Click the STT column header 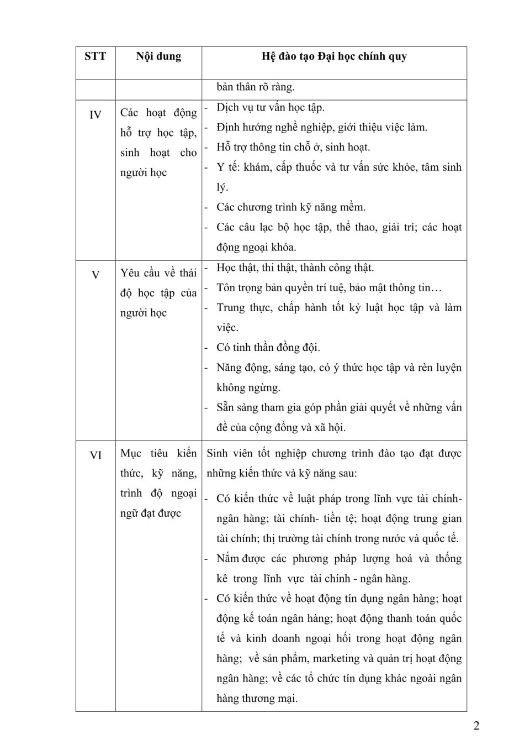tap(95, 56)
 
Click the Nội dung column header tap(158, 56)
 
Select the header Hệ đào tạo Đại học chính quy tap(334, 56)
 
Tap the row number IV tap(96, 115)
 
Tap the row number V tap(96, 275)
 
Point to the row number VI tap(96, 455)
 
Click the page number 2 tap(476, 726)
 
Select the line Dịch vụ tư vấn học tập tap(271, 107)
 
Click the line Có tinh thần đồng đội tap(268, 348)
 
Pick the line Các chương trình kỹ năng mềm tap(291, 207)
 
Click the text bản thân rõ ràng tap(256, 87)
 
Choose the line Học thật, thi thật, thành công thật tap(295, 268)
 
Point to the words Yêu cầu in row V tap(141, 273)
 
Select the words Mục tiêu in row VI tap(144, 453)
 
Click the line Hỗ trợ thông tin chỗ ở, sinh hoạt tap(293, 147)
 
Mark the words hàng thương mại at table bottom tap(257, 699)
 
